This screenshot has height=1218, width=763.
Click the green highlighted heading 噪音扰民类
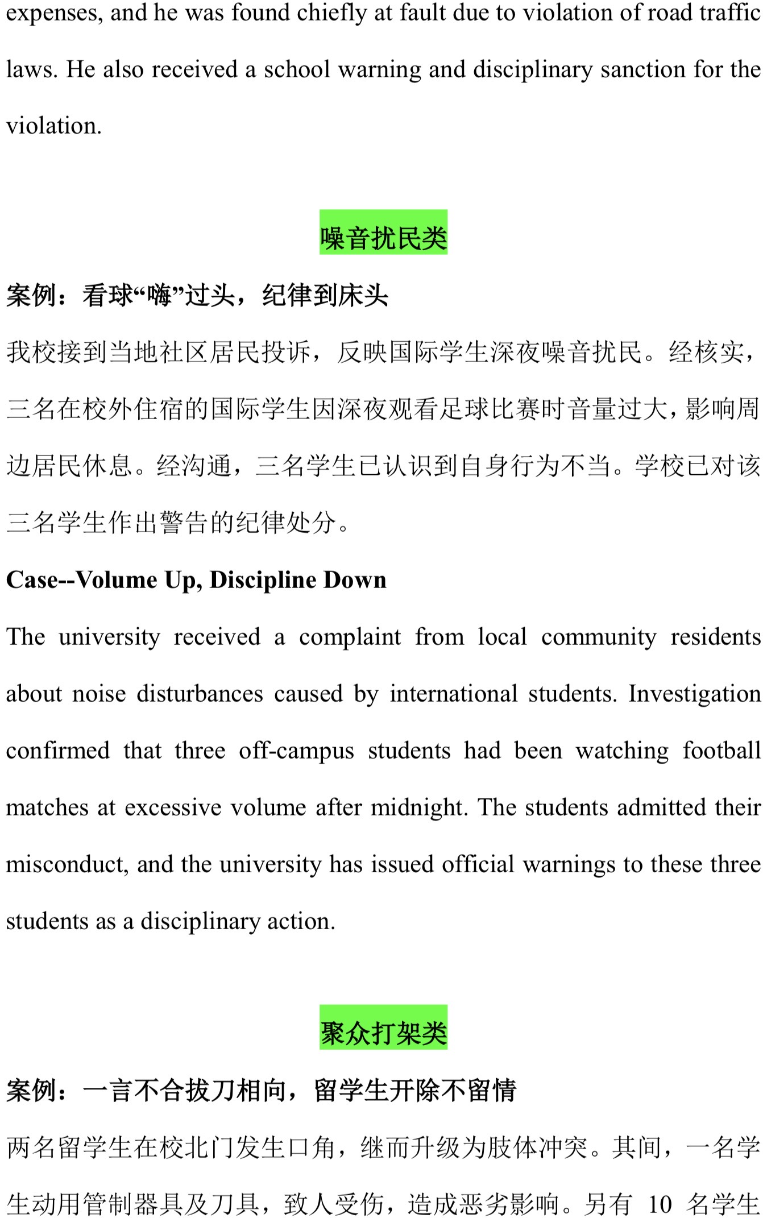(x=383, y=238)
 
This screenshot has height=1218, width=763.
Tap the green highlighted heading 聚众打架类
(x=383, y=1033)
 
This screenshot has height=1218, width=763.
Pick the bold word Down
(x=355, y=579)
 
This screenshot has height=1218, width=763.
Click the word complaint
(x=350, y=637)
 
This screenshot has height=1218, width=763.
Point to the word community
(x=598, y=637)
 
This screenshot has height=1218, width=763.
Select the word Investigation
(x=694, y=694)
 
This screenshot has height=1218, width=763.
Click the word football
(x=721, y=751)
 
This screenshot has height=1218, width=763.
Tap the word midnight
(x=418, y=807)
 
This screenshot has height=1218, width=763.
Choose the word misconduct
(x=67, y=864)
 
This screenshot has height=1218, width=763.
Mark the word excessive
(x=173, y=807)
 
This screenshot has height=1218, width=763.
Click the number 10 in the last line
(x=660, y=1204)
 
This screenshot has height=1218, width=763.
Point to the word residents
(x=715, y=637)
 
